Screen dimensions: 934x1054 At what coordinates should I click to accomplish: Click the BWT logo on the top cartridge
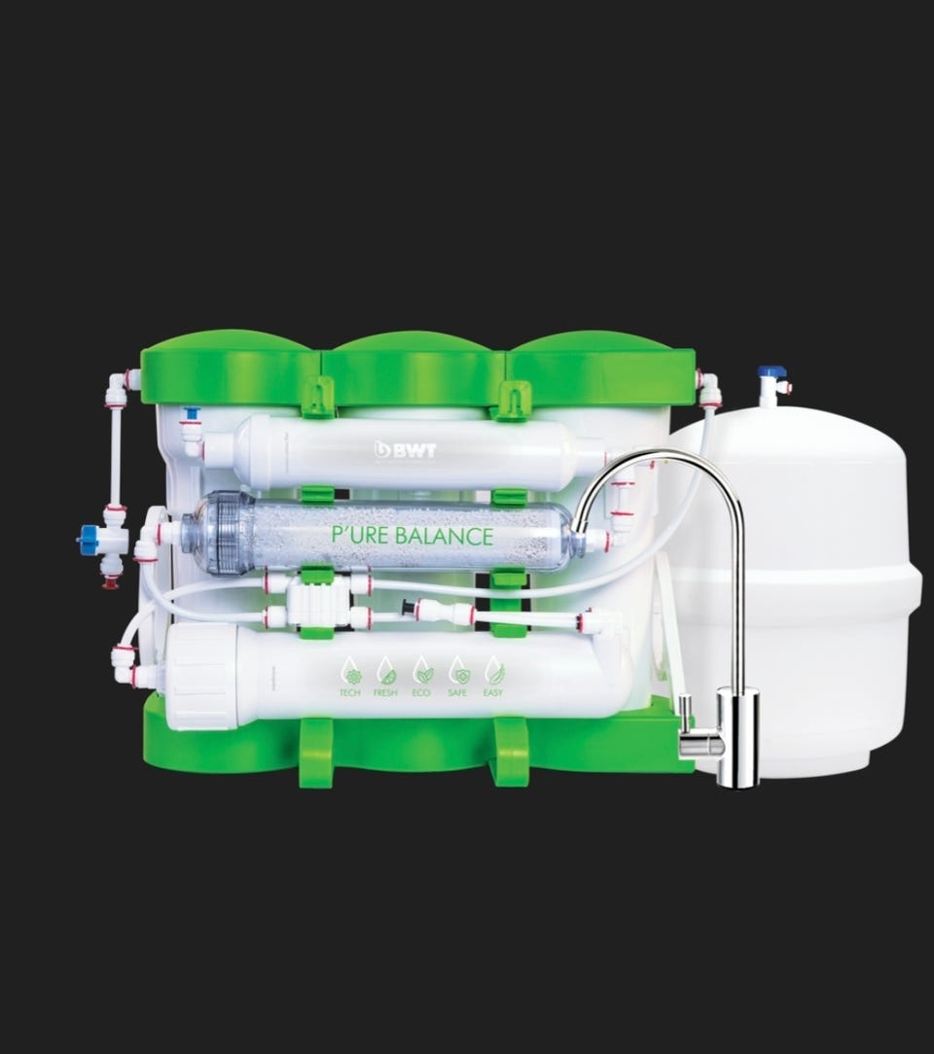click(x=405, y=449)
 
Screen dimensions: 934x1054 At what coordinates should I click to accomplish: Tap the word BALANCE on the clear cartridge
click(x=444, y=536)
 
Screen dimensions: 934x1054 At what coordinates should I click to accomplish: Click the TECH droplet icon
click(x=350, y=670)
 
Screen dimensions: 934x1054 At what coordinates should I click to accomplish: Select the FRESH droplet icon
click(x=386, y=670)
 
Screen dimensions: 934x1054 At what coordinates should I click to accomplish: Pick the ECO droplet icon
click(x=421, y=670)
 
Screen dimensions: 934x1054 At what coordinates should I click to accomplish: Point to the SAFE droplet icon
click(x=458, y=670)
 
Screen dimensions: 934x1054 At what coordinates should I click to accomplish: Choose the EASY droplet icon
click(x=493, y=670)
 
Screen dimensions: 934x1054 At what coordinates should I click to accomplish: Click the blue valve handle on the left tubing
click(x=88, y=540)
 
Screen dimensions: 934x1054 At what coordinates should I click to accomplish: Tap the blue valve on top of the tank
click(x=772, y=372)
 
